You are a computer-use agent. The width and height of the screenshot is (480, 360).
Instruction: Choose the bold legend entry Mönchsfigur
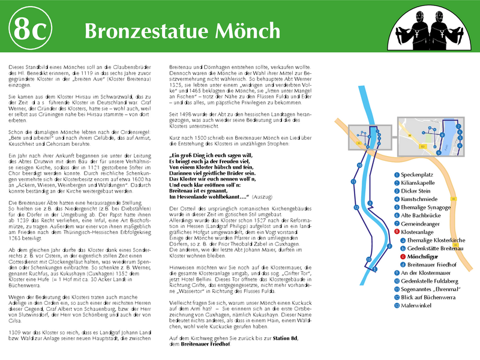coord(424,256)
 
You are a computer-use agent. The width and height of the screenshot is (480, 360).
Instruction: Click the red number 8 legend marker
coord(397,232)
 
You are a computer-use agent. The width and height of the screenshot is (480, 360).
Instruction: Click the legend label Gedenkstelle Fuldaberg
coord(430,281)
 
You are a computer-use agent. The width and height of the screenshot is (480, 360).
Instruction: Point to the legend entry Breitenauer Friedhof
coord(434,265)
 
